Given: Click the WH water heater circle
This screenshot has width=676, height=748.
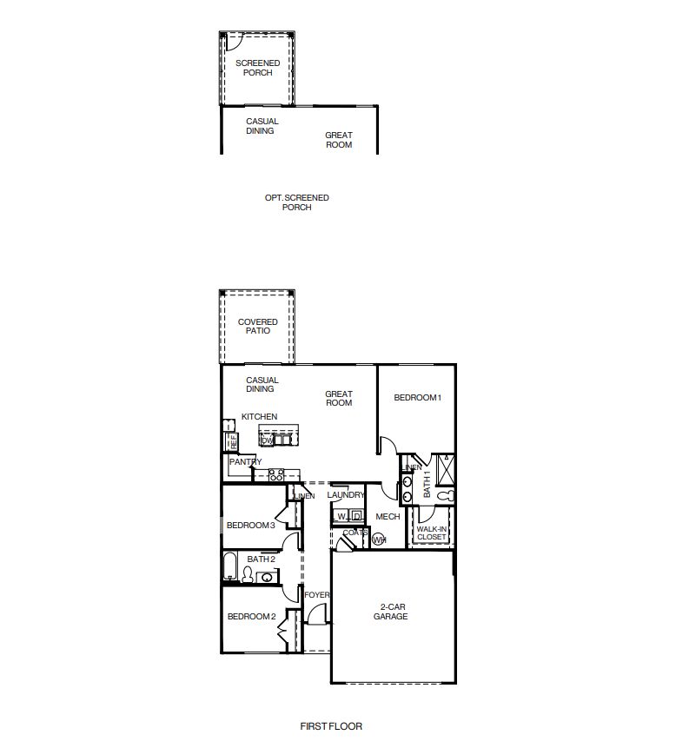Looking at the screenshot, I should coord(378,539).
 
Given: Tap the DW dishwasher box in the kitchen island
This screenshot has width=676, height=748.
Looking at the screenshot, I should coord(267,441).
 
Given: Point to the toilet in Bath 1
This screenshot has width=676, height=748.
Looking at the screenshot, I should coord(445,496).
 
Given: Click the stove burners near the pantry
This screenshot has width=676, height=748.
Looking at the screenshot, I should coord(276,475).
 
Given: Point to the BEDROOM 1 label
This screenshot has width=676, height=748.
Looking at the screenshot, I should coord(418,398).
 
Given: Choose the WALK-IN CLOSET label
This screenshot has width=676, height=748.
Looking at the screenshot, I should coord(431,533).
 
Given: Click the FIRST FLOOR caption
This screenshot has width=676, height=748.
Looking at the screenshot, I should coord(331,726).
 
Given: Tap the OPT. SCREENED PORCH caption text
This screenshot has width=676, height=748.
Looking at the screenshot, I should coord(297,202).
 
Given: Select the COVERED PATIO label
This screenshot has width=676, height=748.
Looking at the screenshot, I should coord(258,327).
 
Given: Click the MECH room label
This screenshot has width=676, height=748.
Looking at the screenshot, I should coord(388,517).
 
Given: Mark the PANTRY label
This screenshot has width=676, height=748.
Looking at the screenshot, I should coord(245,462).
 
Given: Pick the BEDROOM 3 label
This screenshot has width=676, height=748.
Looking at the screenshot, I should coord(251,526).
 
